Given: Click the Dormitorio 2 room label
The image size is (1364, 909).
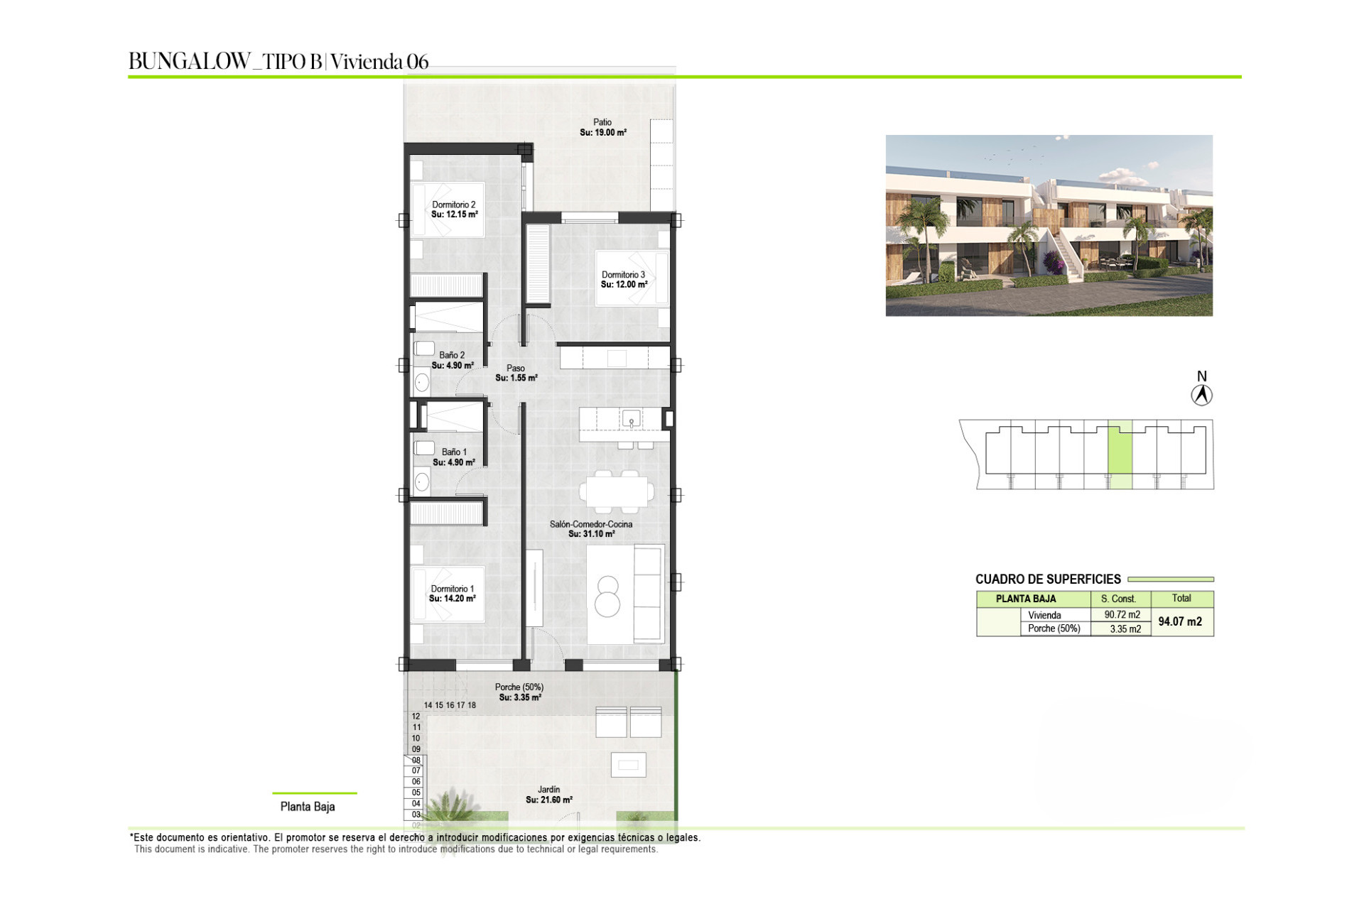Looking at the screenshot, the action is (x=454, y=205).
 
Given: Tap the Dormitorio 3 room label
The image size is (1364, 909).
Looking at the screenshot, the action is (x=623, y=275).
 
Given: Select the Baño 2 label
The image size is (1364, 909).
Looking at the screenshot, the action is (x=452, y=355).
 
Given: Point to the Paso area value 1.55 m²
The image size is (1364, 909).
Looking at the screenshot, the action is (x=524, y=378).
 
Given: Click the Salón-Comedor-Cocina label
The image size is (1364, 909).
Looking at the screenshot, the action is (x=591, y=524).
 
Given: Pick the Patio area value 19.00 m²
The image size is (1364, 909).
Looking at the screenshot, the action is (x=610, y=133).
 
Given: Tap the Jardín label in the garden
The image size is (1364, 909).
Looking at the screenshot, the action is (x=548, y=789).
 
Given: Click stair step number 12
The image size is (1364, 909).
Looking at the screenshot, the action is (x=416, y=717).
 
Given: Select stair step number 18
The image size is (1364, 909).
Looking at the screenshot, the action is (x=472, y=705).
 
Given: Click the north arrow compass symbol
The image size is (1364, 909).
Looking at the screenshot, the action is (x=1202, y=395).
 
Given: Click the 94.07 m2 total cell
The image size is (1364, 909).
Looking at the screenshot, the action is (x=1180, y=621).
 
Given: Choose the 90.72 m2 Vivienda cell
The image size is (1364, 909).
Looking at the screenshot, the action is (x=1122, y=615).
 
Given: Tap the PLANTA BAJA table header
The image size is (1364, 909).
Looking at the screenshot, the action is (x=1026, y=599).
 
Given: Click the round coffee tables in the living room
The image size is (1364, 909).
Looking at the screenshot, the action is (x=607, y=597).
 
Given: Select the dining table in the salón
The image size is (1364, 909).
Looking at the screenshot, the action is (x=617, y=491).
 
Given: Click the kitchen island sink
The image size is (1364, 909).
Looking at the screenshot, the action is (x=631, y=419).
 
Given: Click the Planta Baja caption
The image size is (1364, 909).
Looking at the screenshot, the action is (x=308, y=807).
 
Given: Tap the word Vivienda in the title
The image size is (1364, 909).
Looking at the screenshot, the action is (x=367, y=62).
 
